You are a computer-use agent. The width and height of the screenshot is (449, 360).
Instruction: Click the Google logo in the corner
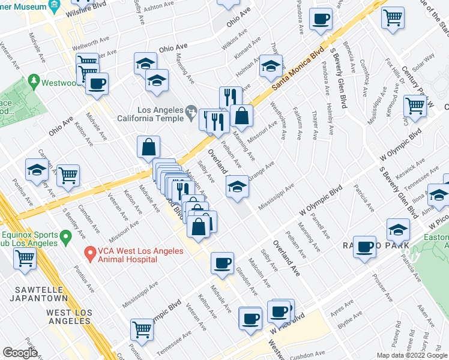20,353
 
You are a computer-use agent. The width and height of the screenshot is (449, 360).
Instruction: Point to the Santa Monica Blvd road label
297,67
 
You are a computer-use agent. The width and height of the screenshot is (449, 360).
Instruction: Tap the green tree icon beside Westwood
34,80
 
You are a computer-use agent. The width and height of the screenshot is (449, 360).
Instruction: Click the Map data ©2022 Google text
412,355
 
